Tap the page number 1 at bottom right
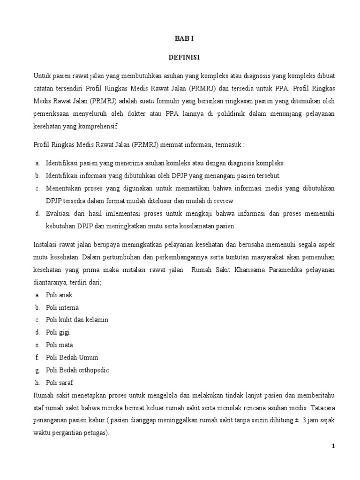point(333,446)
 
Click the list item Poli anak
point(59,295)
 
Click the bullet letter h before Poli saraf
point(37,382)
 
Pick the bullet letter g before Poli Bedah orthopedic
point(37,370)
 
